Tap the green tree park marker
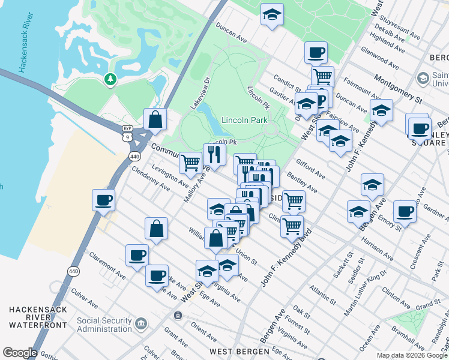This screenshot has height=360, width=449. (x=110, y=79)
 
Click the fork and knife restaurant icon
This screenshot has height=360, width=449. (x=214, y=155)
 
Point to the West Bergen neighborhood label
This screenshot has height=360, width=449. (x=234, y=350)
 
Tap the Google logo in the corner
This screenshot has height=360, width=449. (x=19, y=353)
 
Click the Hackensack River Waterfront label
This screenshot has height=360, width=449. (x=34, y=317)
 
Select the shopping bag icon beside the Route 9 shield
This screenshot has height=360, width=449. (x=155, y=119)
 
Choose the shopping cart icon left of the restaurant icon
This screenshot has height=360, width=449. (x=190, y=162)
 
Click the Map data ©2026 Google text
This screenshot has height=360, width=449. (x=412, y=355)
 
